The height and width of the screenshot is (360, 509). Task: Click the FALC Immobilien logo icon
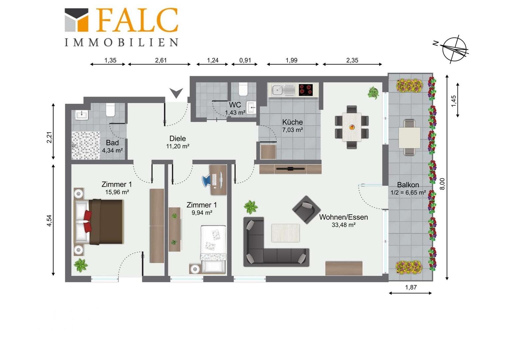pos(76,20)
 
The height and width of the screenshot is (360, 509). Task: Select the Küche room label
pos(292,122)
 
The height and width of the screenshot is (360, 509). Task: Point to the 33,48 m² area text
pos(343,225)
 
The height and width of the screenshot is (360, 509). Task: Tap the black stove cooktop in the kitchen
pos(305,90)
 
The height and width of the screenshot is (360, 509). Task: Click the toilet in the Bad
pos(111,110)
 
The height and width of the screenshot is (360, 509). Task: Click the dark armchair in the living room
pos(306,210)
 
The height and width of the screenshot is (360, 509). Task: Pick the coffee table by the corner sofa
pos(285,233)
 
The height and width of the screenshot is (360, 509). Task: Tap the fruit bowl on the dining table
pos(352,127)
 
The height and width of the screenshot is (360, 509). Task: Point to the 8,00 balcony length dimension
pos(442,184)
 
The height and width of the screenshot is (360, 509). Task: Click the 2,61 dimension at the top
pos(161,60)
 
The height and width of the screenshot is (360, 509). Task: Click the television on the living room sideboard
pos(290,169)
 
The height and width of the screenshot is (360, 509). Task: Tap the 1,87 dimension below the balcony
pos(411,287)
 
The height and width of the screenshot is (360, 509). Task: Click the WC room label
pos(235,105)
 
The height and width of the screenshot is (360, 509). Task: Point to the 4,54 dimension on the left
pos(49,221)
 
